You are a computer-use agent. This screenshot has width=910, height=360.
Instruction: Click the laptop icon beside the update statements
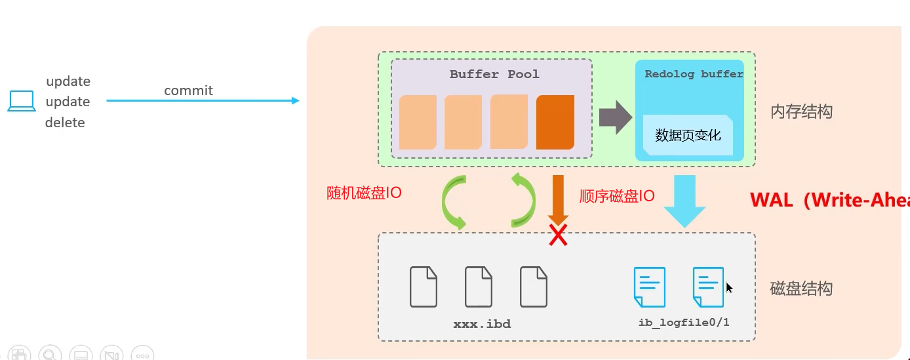pos(22,102)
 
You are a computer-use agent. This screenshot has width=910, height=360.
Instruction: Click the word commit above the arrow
pos(188,90)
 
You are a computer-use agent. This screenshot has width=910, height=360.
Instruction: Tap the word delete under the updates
pos(65,123)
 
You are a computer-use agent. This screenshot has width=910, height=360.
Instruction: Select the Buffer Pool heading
pos(494,74)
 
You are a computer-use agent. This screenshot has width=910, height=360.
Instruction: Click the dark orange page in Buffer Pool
pos(555,122)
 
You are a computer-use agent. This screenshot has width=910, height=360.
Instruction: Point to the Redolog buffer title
pos(694,74)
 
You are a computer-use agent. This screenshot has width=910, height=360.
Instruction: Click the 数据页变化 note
pos(688,135)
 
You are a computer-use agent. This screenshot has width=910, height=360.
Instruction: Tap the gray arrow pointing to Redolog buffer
pos(615,118)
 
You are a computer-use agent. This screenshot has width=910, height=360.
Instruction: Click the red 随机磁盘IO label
pos(364,193)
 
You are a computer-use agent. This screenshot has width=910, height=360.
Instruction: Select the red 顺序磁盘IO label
pos(617,196)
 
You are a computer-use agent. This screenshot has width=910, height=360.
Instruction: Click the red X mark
pos(558,235)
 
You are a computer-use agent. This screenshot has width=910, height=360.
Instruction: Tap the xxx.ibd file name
pos(482,324)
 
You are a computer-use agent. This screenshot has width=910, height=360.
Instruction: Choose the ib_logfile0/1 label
pos(684,323)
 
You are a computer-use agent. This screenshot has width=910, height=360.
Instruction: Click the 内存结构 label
pos(801,111)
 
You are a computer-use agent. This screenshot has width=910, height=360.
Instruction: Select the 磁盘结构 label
pos(801,289)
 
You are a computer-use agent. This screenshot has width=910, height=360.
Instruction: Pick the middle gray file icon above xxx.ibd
pos(479,287)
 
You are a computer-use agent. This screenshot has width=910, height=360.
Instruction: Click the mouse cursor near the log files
pos(729,287)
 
